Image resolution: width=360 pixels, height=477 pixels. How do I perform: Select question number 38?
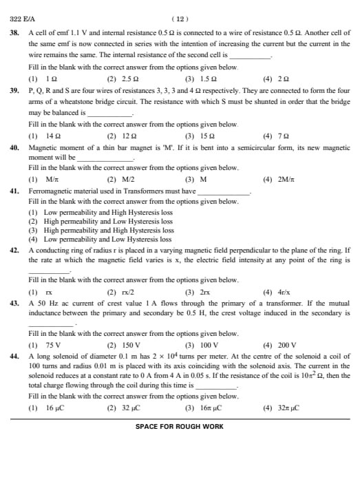[14, 33]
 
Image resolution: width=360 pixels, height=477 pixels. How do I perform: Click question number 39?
[14, 90]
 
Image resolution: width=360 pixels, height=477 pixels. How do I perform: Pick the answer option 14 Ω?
[43, 136]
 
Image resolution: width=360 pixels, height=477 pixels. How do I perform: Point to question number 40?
[14, 147]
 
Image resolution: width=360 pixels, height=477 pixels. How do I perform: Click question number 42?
[14, 251]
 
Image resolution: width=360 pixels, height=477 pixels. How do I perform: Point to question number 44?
[14, 357]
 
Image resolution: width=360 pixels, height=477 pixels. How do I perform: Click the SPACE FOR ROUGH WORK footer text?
[180, 427]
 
